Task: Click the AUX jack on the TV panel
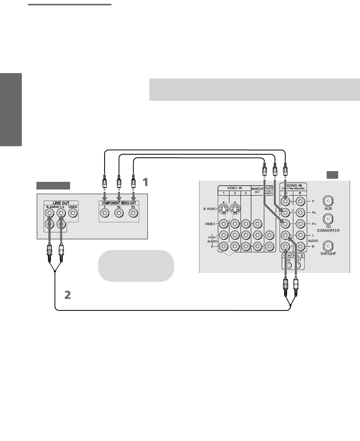click(x=328, y=200)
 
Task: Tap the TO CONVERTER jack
click(x=328, y=219)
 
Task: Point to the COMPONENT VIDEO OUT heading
click(x=119, y=203)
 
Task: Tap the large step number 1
click(x=144, y=182)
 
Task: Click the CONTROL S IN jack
click(x=289, y=265)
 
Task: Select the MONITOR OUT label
click(x=256, y=190)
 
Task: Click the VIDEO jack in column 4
click(x=245, y=224)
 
